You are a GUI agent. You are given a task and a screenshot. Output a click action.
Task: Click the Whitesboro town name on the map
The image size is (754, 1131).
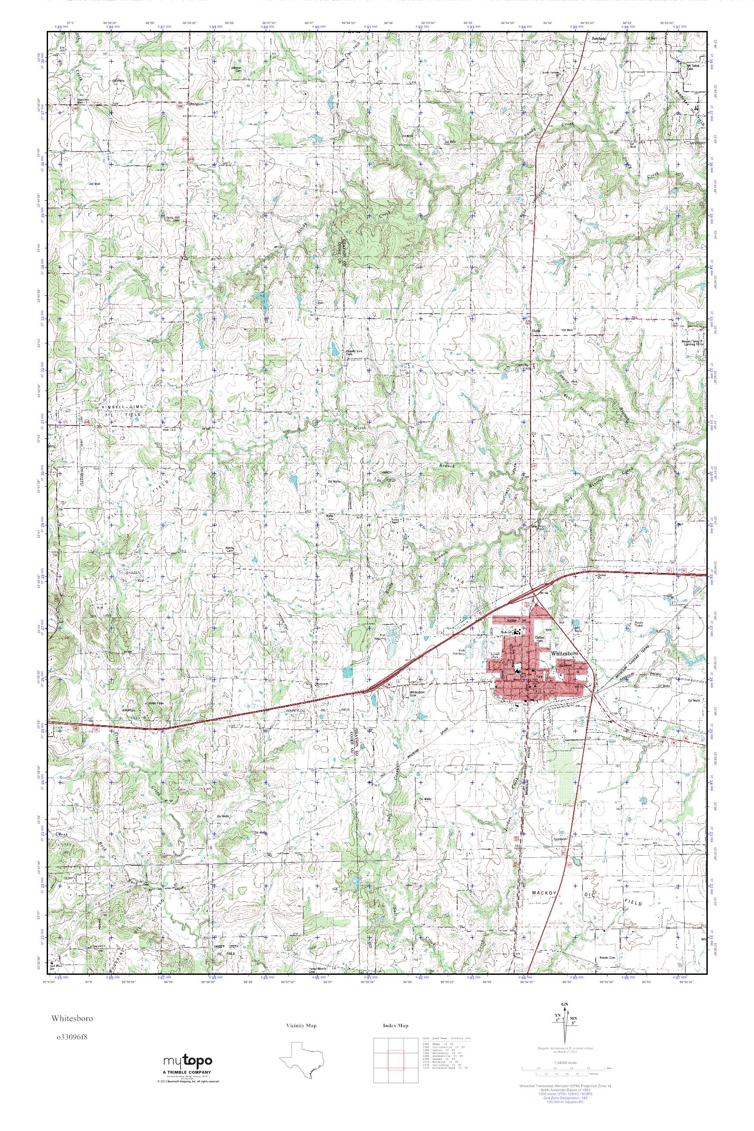[x=566, y=654]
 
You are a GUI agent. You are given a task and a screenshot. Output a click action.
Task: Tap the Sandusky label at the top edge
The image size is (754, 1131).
[x=599, y=38]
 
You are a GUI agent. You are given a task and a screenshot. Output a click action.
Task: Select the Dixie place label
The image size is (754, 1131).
[x=536, y=331]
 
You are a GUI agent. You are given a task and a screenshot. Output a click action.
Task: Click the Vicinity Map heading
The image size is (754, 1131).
[x=301, y=1026]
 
